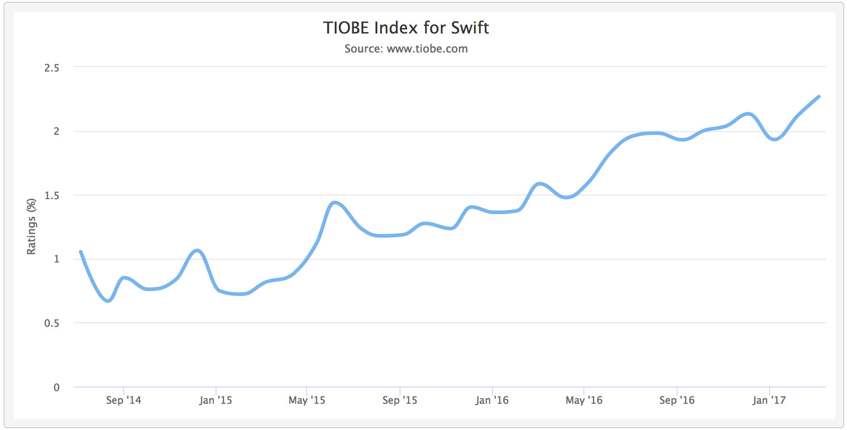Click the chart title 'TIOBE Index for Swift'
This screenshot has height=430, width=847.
click(x=406, y=28)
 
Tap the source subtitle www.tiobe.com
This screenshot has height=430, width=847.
click(x=406, y=49)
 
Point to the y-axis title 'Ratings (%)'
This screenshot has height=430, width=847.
click(x=31, y=226)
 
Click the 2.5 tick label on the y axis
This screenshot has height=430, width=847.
click(x=52, y=68)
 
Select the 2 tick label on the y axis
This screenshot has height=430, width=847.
click(x=56, y=131)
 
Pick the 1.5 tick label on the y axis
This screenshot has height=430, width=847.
click(x=52, y=196)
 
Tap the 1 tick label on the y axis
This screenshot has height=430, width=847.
click(x=57, y=259)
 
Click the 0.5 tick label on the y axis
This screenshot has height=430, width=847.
click(x=52, y=323)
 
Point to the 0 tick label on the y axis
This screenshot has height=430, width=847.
click(x=57, y=387)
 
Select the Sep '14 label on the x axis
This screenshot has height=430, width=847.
click(x=124, y=400)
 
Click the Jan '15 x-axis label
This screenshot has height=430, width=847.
click(x=216, y=400)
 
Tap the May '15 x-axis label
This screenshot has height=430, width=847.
click(x=307, y=400)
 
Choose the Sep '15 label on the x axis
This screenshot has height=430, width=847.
click(x=400, y=400)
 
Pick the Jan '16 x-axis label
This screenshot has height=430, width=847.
click(x=492, y=400)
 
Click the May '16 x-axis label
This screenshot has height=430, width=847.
click(x=584, y=400)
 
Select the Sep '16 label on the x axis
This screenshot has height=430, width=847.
click(x=677, y=400)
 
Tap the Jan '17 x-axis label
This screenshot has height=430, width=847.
click(x=769, y=400)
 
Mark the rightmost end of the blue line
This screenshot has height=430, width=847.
click(x=819, y=96)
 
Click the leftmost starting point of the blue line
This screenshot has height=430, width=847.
click(x=81, y=251)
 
